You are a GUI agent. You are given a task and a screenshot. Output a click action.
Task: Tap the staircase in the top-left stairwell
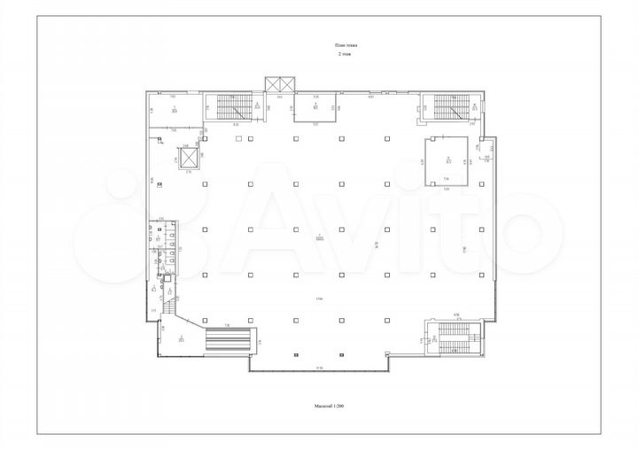[234, 108]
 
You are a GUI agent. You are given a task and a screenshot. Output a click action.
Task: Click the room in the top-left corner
[174, 111]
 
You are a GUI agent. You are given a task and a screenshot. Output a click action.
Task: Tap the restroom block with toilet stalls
[163, 248]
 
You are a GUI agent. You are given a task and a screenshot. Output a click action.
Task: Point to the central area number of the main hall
[318, 237]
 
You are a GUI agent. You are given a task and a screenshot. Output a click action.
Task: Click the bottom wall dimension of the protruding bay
[319, 368]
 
